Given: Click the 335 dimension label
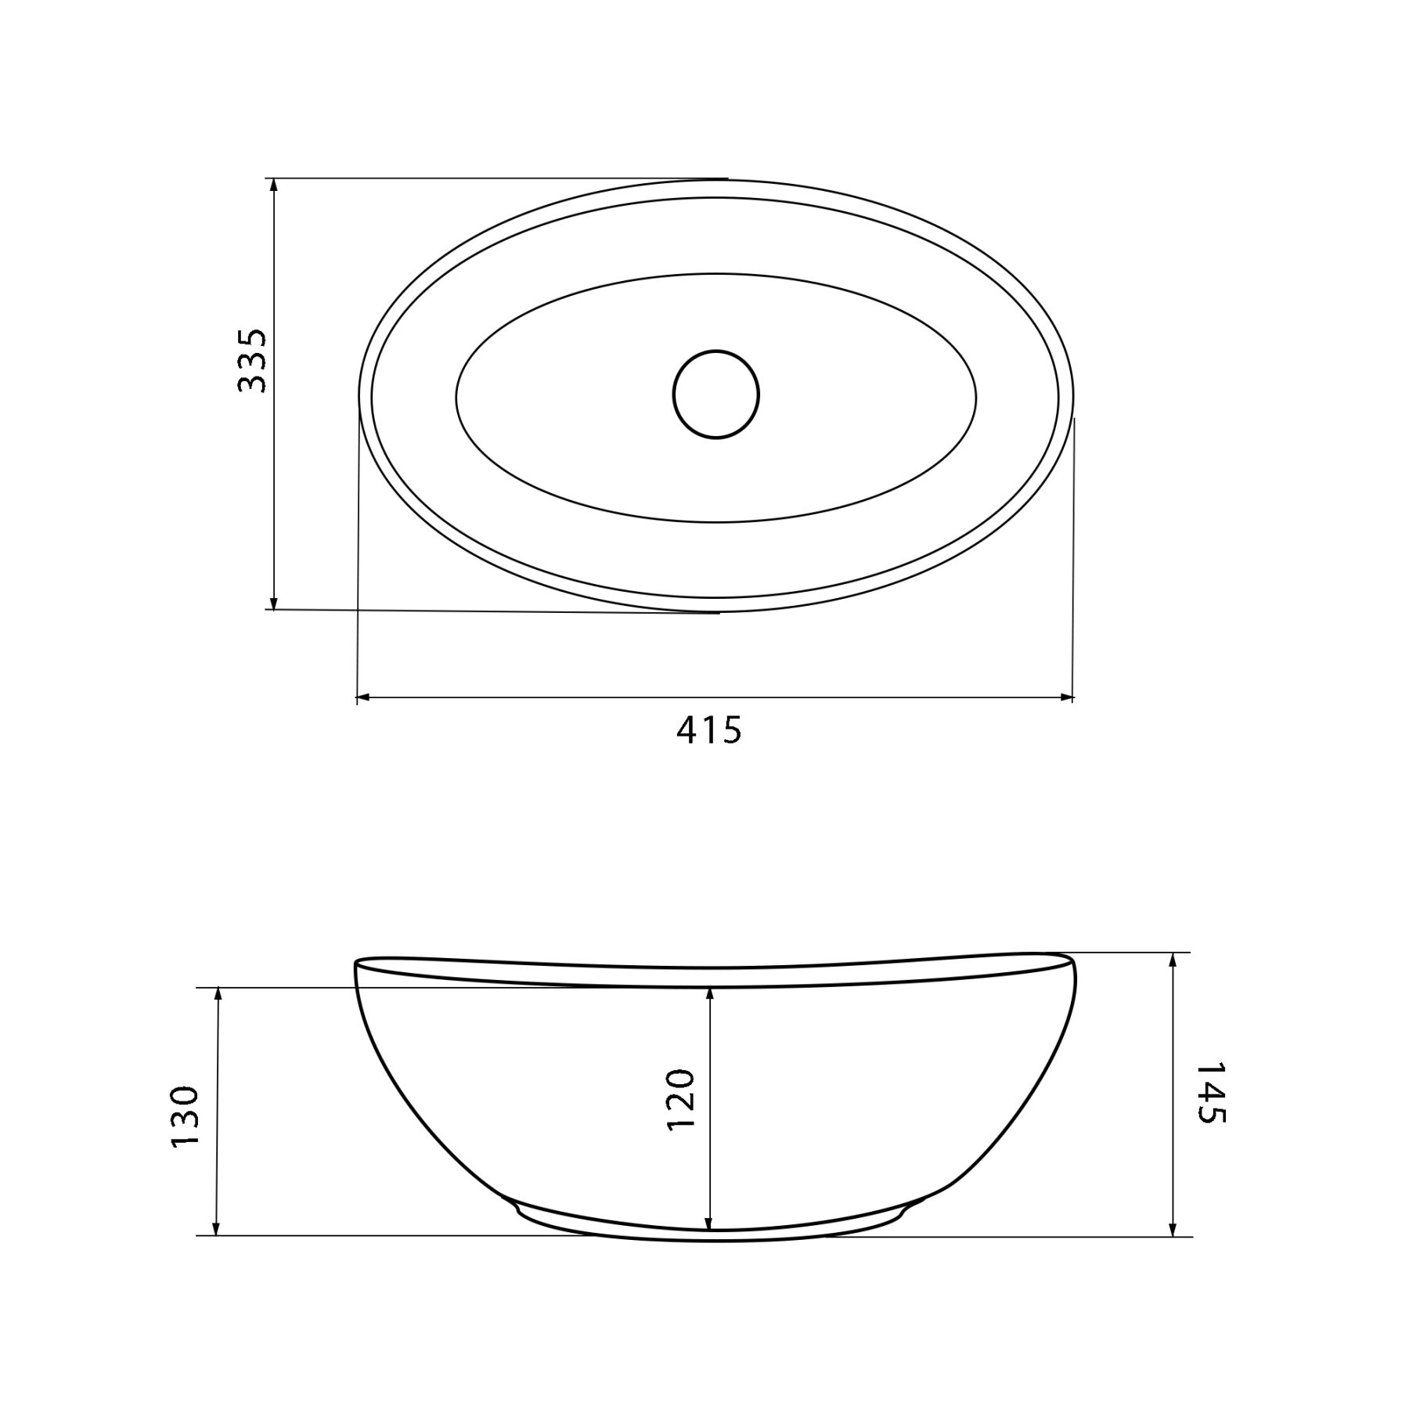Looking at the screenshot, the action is tap(252, 360).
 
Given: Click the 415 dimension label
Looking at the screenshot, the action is tap(708, 730).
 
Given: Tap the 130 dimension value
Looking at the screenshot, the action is tap(186, 1116).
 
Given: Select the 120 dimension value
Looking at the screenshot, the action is tap(679, 1099).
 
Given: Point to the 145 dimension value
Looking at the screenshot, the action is tap(1210, 1094).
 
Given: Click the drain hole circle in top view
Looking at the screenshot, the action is tap(715, 395).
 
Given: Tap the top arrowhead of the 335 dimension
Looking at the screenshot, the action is tap(273, 186).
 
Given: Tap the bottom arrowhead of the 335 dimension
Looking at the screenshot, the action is tap(273, 602).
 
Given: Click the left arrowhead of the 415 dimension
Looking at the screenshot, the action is tap(364, 696).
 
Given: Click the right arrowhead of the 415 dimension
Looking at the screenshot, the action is tap(1065, 696).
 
